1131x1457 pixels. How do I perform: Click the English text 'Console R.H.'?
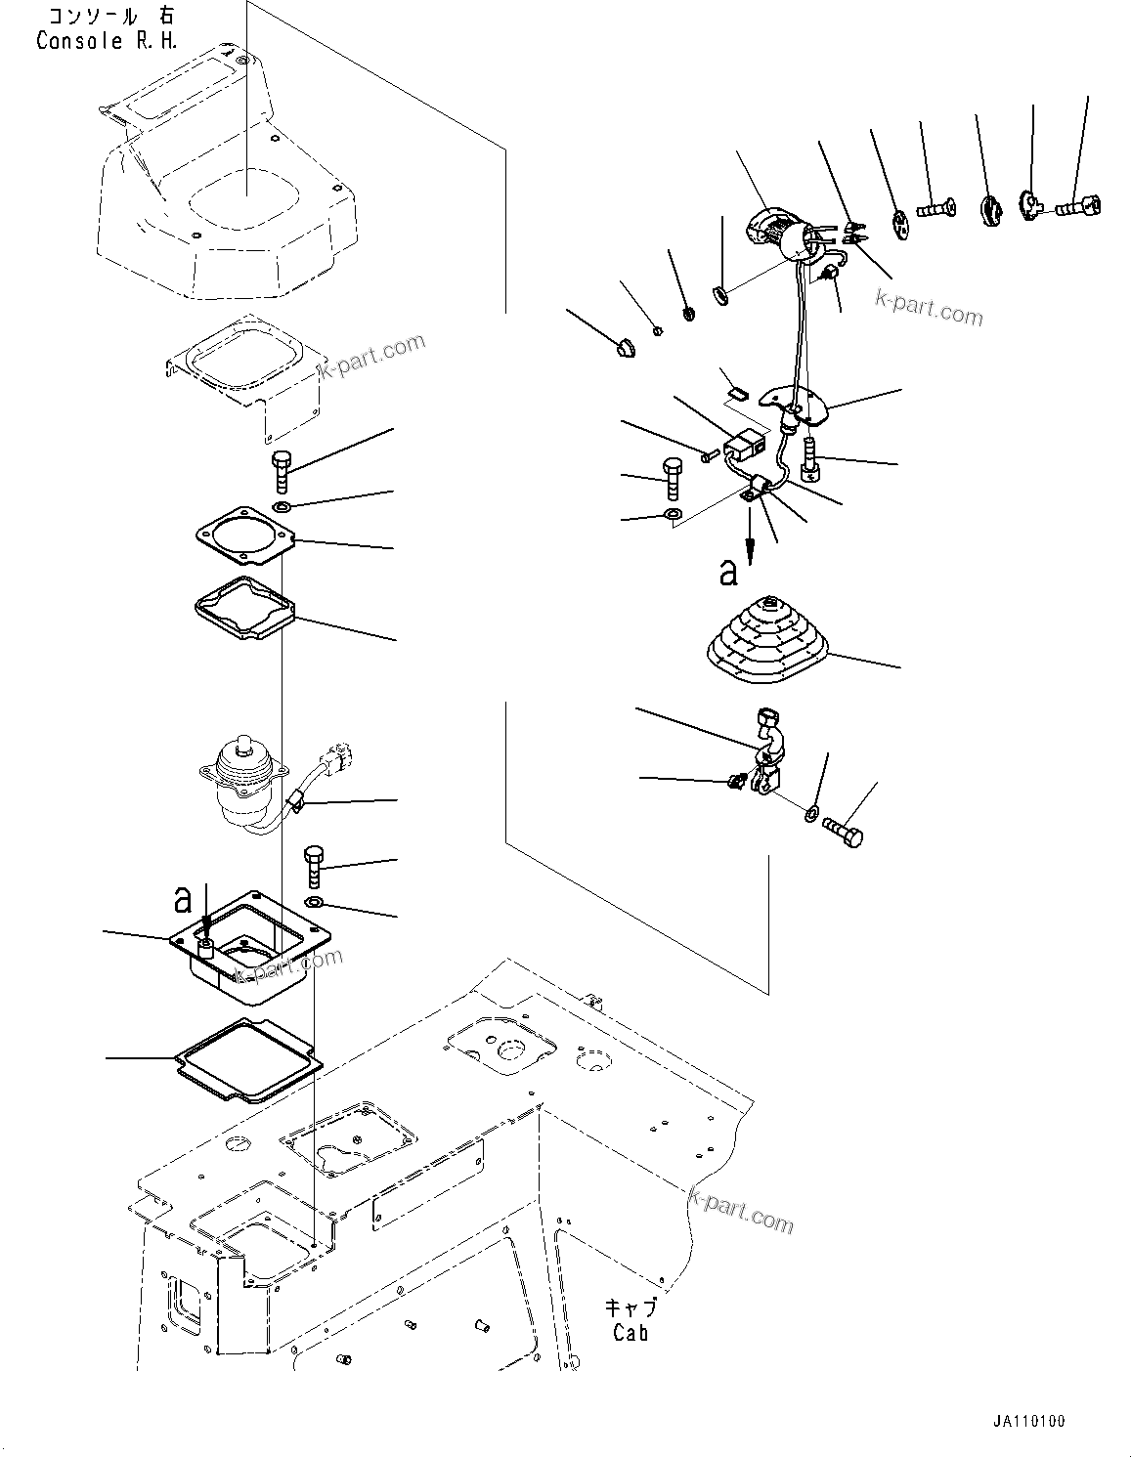(94, 41)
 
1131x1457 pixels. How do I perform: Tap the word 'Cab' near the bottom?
(631, 1332)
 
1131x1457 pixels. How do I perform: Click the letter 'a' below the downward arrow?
(727, 572)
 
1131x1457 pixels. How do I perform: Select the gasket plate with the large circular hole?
(244, 538)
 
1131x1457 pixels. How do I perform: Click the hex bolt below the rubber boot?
(844, 833)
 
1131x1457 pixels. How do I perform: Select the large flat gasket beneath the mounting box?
(247, 1059)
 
